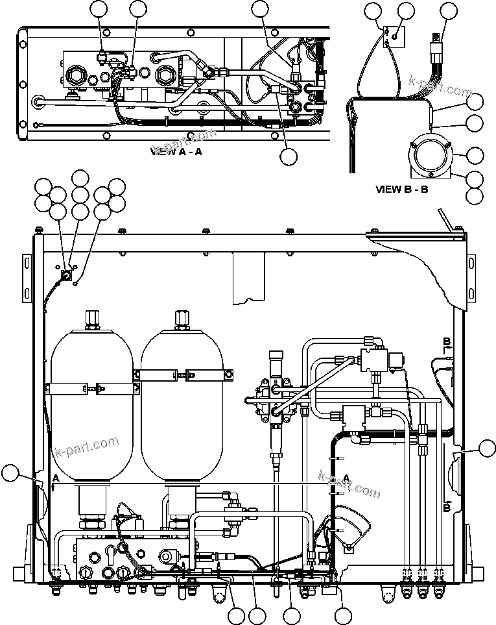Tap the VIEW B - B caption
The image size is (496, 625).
click(402, 190)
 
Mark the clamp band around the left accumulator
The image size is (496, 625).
click(91, 387)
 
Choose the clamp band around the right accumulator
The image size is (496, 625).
click(182, 374)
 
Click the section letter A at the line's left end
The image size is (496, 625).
click(56, 478)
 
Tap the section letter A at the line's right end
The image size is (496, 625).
click(347, 478)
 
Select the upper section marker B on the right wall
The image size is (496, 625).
click(446, 341)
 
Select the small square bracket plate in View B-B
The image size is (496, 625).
click(391, 36)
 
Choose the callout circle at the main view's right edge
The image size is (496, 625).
click(486, 448)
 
